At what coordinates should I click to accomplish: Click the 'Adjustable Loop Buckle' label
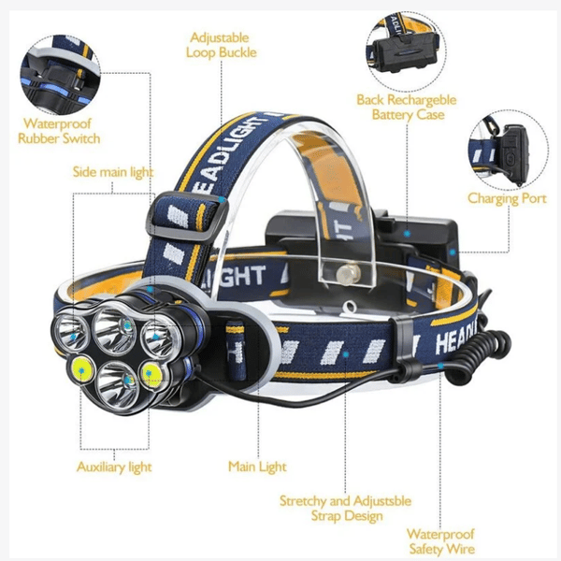tap(221, 45)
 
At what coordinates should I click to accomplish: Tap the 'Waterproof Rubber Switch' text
tap(59, 131)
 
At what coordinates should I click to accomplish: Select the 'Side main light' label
tap(113, 172)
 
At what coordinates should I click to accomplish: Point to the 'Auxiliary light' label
tap(114, 467)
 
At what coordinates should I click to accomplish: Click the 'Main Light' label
tap(257, 467)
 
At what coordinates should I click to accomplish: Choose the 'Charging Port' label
tap(507, 199)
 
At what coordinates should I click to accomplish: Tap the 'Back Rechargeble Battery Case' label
tap(407, 107)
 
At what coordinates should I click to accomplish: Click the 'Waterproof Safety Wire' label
tap(441, 541)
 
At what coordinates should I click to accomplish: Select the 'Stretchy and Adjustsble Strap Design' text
tap(346, 509)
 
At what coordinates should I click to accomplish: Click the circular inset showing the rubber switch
tap(60, 75)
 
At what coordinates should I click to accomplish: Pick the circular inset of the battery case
tap(406, 51)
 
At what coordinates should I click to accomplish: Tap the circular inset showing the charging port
tap(509, 151)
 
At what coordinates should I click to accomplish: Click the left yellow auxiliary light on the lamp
tap(82, 369)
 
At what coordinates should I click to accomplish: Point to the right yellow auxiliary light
tap(151, 375)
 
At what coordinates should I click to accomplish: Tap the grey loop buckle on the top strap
tap(187, 218)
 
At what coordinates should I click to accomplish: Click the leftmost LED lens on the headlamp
tap(71, 332)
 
